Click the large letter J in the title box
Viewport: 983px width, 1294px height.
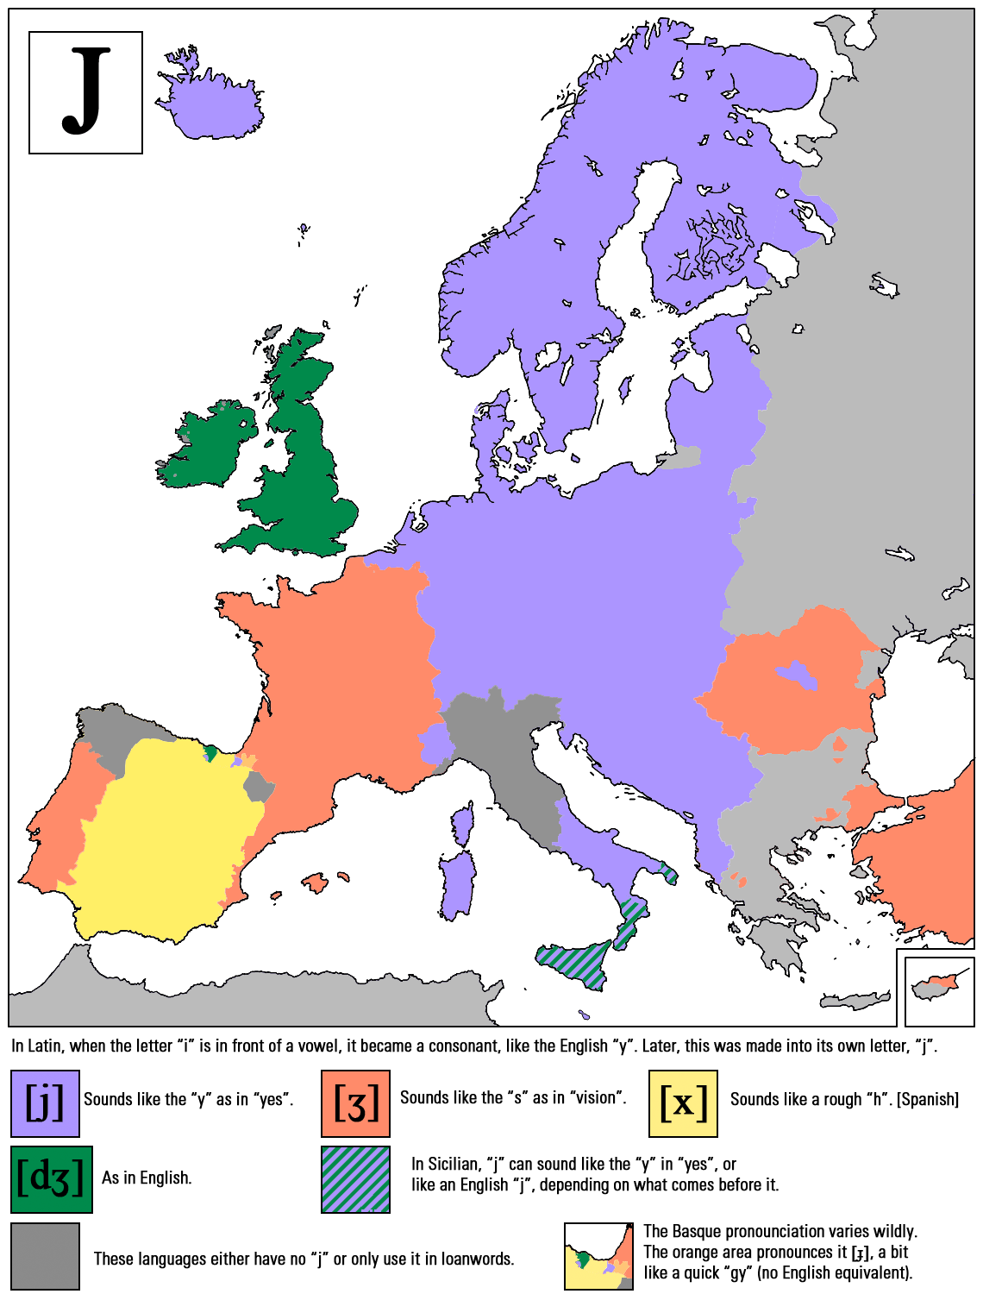pos(86,91)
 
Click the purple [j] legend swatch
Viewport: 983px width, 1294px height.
pos(45,1103)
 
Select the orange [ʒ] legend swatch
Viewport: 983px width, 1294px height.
pos(355,1103)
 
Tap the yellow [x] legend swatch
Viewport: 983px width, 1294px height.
pos(683,1103)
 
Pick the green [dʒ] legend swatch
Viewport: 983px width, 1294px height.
pos(51,1178)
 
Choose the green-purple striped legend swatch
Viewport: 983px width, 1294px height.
pos(355,1178)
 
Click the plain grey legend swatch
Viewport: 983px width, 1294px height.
pos(45,1256)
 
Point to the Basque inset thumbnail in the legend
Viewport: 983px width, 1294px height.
pos(598,1256)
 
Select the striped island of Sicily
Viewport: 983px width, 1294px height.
pos(573,959)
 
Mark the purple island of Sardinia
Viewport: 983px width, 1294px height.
pos(457,884)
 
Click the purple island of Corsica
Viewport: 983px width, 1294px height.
pos(464,825)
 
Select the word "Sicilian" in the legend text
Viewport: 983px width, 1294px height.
pos(452,1164)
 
